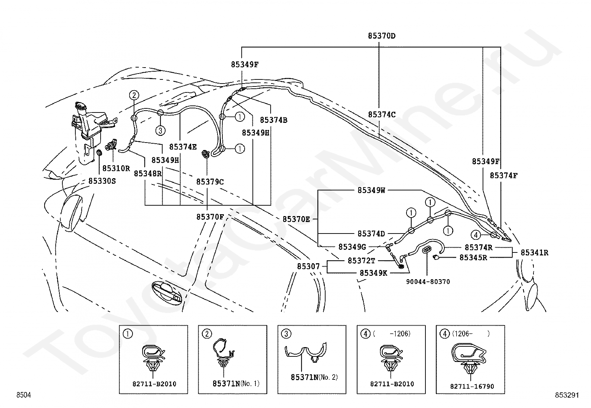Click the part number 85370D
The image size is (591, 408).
382,36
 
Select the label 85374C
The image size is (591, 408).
382,115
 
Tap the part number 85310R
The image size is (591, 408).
116,168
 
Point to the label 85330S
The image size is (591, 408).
102,181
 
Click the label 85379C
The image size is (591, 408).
210,182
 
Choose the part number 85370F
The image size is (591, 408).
210,217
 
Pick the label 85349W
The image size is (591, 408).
371,190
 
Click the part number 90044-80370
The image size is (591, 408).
428,281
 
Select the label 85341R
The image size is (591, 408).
534,252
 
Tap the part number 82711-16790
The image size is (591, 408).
472,386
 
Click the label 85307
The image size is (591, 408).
308,266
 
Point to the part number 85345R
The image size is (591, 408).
473,257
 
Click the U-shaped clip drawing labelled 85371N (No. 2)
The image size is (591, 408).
306,352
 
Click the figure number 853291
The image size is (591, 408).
567,395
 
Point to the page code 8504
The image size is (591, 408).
24,395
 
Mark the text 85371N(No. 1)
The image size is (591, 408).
236,383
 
